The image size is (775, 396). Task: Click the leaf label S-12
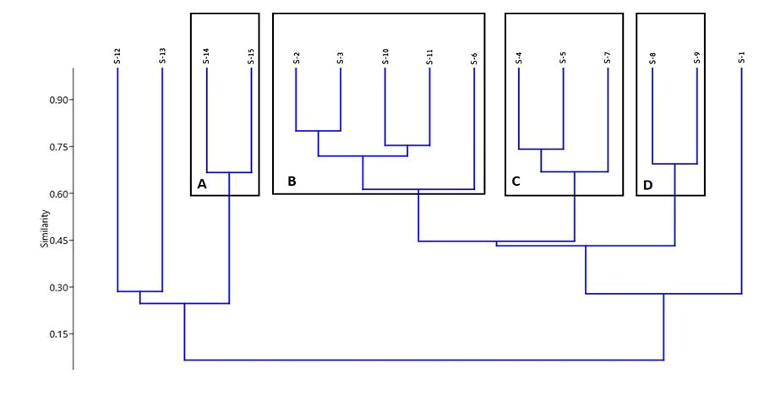[x=117, y=57]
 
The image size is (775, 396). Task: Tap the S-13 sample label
[x=162, y=57]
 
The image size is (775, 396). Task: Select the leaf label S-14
[x=206, y=57]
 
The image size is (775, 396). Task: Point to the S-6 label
[x=474, y=58]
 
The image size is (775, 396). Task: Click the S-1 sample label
[x=741, y=58]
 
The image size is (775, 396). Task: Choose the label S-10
[x=385, y=57]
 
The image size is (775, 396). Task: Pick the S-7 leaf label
[x=608, y=58]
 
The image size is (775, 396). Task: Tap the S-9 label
[x=697, y=58]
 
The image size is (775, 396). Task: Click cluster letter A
[x=202, y=185]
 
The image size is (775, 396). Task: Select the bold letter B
[x=292, y=182]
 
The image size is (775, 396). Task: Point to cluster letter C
[x=516, y=182]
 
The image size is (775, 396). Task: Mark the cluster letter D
[x=648, y=185]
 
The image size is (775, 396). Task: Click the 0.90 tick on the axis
[x=57, y=100]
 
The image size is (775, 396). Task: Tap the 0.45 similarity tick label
[x=57, y=241]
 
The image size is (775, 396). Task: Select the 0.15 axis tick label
[x=57, y=334]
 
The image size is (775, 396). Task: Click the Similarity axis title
[x=45, y=229]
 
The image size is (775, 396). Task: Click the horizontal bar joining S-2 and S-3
[x=319, y=131]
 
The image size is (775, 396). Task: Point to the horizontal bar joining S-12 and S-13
[x=140, y=291]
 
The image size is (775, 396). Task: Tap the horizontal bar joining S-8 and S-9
[x=674, y=164]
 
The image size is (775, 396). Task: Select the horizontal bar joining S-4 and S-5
[x=541, y=149]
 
